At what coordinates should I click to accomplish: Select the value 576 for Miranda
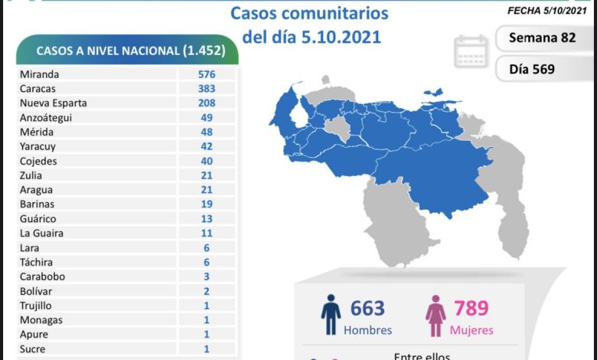point(206,74)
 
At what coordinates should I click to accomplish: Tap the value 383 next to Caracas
point(206,89)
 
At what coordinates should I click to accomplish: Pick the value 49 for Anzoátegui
point(206,118)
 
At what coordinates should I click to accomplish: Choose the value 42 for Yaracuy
point(206,146)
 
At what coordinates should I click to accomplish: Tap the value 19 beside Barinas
point(206,204)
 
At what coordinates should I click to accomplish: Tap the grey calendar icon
point(471,51)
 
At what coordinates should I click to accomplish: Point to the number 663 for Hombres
point(367,309)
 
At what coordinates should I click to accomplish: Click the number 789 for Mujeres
point(471,309)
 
